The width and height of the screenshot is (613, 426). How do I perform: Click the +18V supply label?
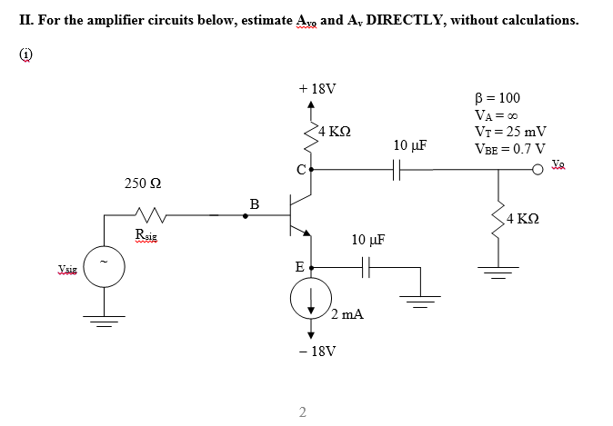point(317,90)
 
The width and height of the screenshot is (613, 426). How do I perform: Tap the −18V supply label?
point(317,350)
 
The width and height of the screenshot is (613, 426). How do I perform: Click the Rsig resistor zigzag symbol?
point(147,216)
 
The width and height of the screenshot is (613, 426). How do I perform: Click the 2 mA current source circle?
point(311,299)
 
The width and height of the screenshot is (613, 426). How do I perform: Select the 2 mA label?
point(347,314)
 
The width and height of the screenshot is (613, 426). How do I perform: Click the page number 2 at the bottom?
point(303,413)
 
